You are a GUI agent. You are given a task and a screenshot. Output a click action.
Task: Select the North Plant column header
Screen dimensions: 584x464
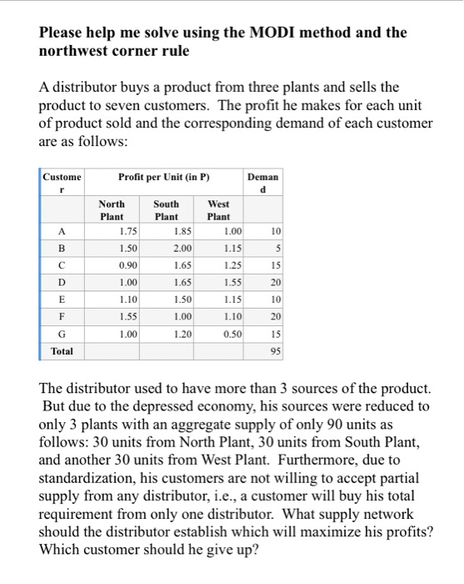coord(112,209)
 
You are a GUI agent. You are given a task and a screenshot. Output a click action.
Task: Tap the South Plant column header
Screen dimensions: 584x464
coord(166,209)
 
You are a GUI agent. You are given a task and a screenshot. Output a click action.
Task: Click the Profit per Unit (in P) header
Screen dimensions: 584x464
coord(163,176)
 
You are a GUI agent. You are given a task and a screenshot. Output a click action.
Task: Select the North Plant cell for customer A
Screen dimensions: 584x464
coord(128,231)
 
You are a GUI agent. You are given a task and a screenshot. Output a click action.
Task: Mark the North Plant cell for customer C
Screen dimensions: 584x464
coord(128,265)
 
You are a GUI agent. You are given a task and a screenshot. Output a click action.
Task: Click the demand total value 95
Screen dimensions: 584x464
coord(275,351)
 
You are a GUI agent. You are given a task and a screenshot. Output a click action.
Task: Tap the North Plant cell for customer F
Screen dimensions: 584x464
coord(128,317)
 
